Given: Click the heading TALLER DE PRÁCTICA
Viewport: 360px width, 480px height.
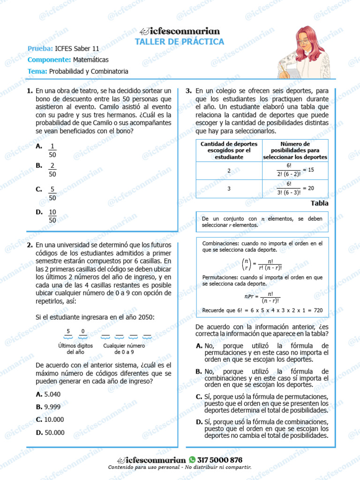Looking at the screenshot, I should pos(180,42).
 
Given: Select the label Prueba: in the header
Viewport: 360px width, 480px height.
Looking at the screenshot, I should pos(40,48).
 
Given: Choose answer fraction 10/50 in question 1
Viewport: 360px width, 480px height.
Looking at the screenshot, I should pos(52,216).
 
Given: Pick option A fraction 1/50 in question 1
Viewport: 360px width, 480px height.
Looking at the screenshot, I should pos(52,150).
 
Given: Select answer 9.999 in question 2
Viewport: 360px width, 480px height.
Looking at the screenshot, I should pos(52,407).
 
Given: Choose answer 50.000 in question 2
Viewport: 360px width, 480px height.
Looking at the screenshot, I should pos(54,433).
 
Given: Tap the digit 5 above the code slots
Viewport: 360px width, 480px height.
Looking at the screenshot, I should pos(68,331).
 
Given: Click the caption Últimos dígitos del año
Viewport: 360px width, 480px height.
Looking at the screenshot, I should pos(75,349).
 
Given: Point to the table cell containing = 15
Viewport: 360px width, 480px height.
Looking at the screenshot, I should pos(295,170).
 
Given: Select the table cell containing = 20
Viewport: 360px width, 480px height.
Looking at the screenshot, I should pos(295,188).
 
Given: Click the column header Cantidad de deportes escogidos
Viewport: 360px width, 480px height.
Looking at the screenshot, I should pos(229,150).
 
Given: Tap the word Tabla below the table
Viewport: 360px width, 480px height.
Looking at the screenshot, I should pos(319,203).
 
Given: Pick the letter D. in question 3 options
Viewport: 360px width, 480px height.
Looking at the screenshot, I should pos(199,422).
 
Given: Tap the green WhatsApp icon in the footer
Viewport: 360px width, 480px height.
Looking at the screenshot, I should pos(193,460).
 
